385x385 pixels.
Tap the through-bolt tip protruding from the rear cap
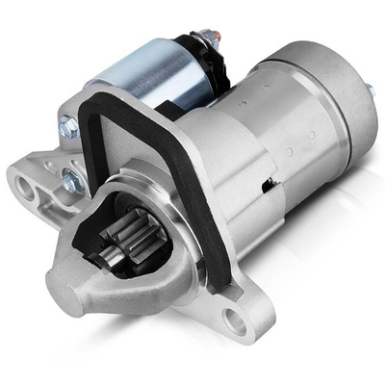coord(368,89)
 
